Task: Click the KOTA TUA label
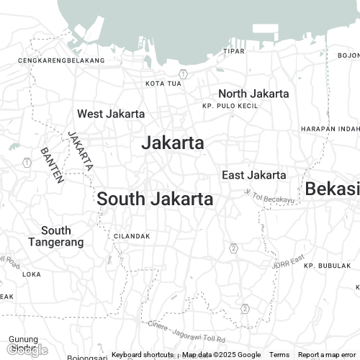pos(163,84)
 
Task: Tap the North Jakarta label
pos(253,94)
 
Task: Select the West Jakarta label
pos(111,114)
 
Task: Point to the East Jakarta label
pos(253,175)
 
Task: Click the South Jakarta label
pos(155,199)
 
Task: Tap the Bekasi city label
pos(332,189)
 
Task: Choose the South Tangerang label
pos(56,236)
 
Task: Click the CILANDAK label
pos(132,236)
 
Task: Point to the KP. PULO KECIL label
pos(230,106)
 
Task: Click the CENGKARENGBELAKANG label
pos(61,60)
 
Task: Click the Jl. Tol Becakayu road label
pos(271,196)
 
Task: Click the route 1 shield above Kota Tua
pos(184,73)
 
